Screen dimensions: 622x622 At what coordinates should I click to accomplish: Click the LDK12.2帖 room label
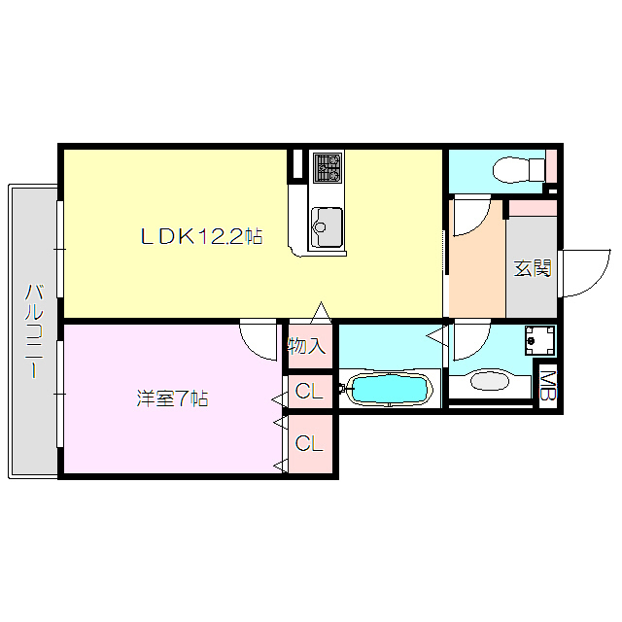[x=201, y=236]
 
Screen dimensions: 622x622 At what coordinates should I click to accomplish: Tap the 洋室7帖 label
[x=172, y=398]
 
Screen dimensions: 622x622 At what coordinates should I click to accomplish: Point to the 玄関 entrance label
[x=533, y=268]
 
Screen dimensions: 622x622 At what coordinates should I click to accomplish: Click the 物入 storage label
[x=308, y=346]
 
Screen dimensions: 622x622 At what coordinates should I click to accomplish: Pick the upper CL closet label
[x=309, y=393]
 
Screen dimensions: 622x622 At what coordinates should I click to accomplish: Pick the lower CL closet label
[x=309, y=444]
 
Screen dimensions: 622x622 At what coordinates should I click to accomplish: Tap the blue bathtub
[x=389, y=391]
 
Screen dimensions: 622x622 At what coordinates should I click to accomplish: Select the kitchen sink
[x=326, y=227]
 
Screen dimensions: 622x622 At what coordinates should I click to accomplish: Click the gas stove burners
[x=327, y=168]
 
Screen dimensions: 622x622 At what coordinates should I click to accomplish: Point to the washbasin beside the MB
[x=495, y=381]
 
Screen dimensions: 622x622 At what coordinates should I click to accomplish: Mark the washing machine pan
[x=538, y=340]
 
